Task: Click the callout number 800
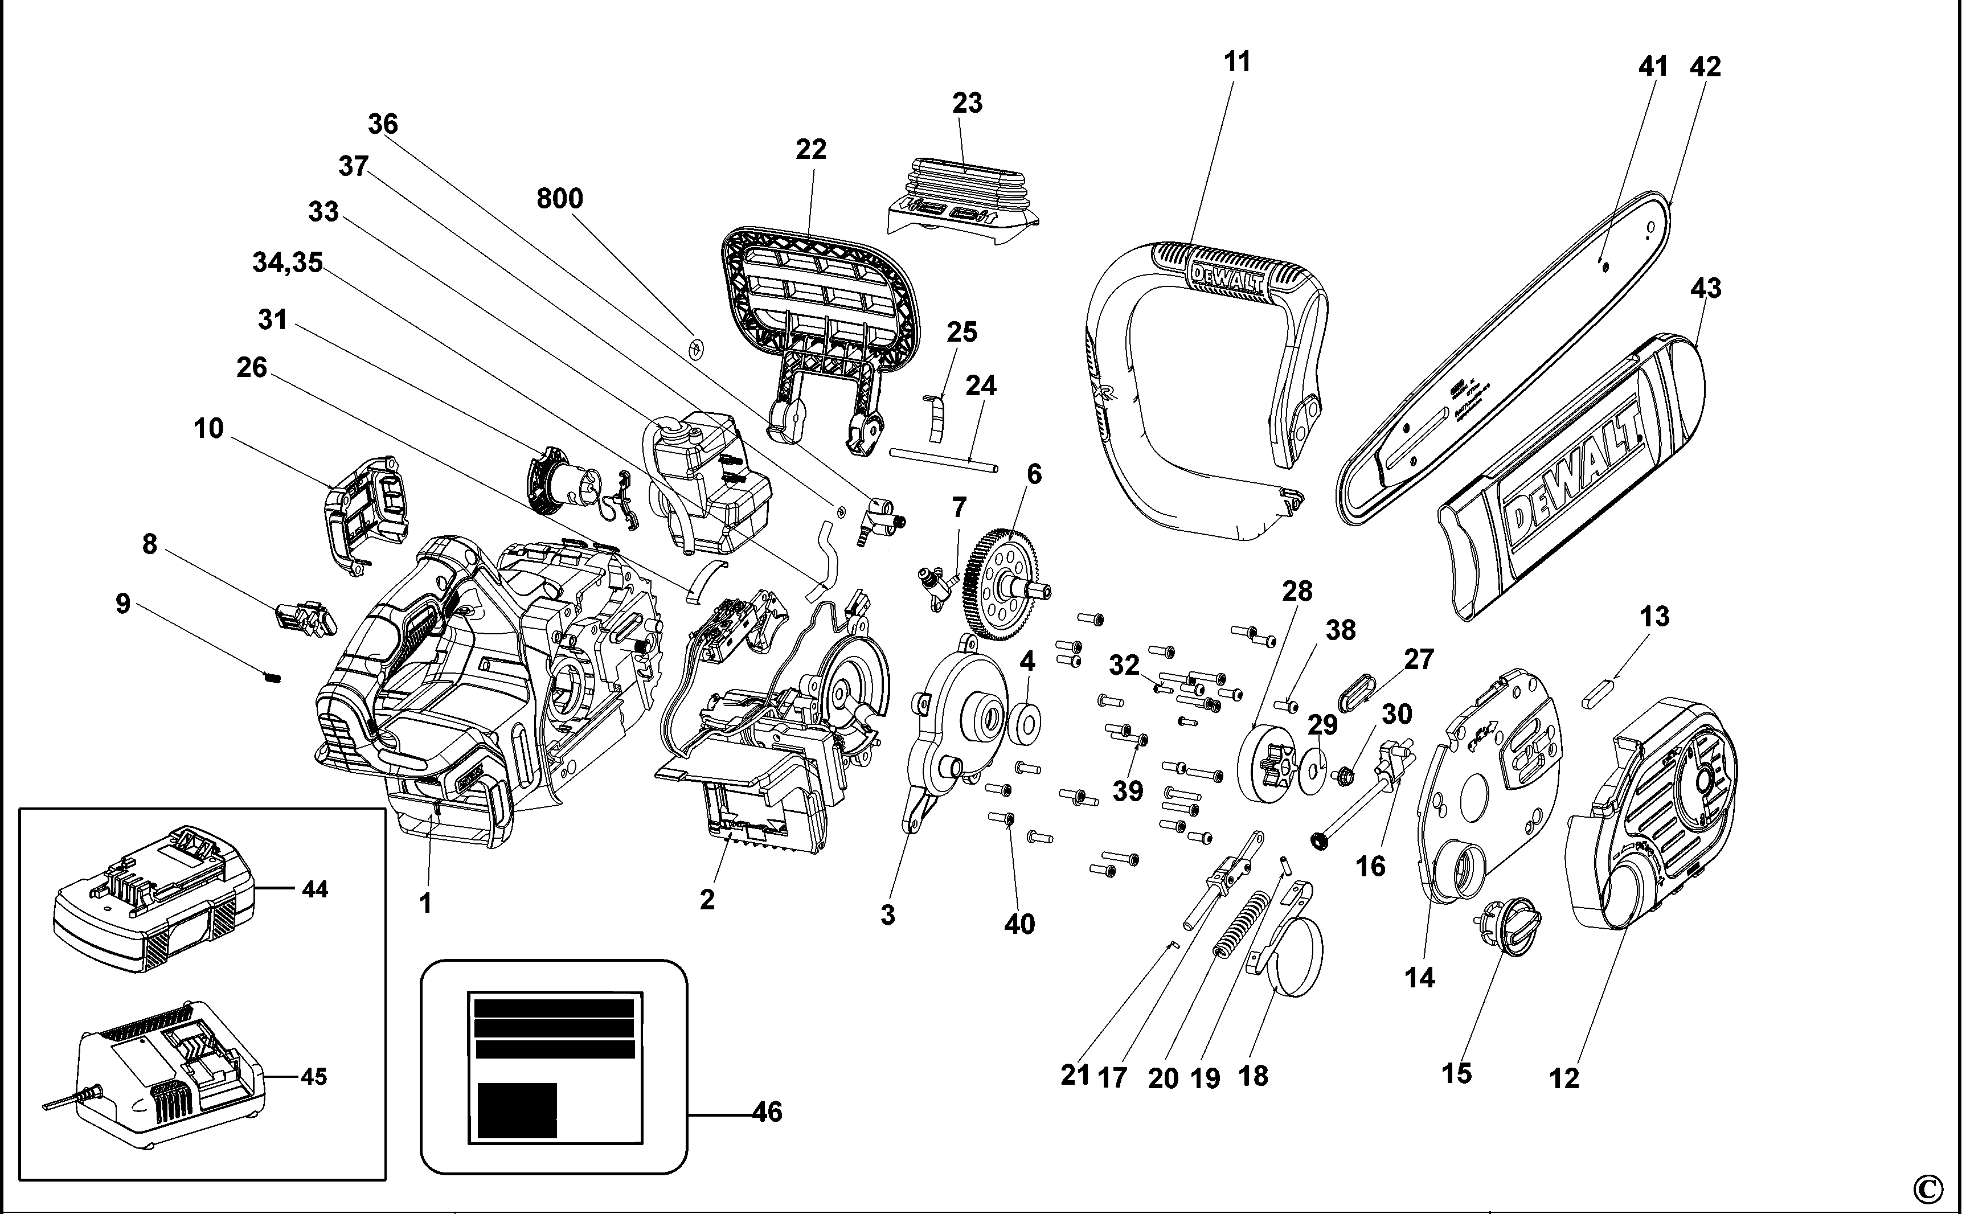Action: [x=560, y=198]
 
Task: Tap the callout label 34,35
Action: [x=288, y=263]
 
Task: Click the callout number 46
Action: [x=767, y=1112]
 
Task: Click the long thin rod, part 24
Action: [x=944, y=460]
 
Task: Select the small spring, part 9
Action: [x=272, y=678]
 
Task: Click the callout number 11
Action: [x=1238, y=62]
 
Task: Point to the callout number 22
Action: [x=811, y=149]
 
